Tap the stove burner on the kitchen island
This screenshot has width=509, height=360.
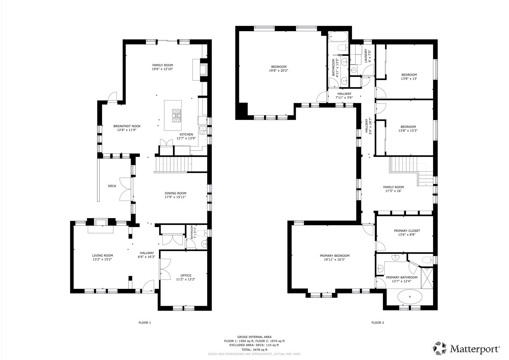coord(176,115)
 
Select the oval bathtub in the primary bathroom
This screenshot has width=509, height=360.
coord(410,297)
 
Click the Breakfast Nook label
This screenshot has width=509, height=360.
coord(127,126)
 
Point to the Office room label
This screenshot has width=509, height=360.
coord(186,275)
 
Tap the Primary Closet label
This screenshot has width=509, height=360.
coord(407,231)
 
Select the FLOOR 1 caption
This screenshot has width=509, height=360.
coord(145,323)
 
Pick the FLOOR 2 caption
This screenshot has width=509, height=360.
coord(378,323)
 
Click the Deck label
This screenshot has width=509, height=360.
coord(112,186)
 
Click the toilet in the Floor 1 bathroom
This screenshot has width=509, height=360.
coord(202,233)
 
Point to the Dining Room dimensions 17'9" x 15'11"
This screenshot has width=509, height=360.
coord(175,197)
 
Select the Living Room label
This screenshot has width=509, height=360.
coord(103,255)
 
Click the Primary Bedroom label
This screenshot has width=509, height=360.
coord(334,255)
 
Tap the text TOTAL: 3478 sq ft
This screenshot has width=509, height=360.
coord(254,350)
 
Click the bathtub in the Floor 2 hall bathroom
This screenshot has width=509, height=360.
coord(338,36)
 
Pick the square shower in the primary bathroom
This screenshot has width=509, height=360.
coord(427,278)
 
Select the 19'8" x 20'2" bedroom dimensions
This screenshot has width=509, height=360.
coord(278,71)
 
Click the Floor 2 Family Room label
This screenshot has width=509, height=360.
coord(393,187)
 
